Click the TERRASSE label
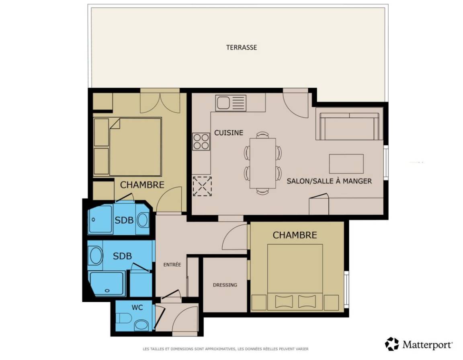tap(242, 47)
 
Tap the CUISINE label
tap(229, 133)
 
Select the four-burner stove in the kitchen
tap(201, 142)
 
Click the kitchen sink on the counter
tap(231, 103)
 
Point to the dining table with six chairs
tap(262, 163)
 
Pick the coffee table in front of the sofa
tap(346, 163)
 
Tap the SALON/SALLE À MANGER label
tap(329, 181)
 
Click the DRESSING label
tap(225, 285)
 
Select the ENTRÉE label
tap(172, 265)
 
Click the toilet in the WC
tap(124, 318)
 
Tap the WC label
tap(137, 307)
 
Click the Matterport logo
tap(419, 344)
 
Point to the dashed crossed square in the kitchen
tap(202, 186)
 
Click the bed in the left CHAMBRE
tap(127, 147)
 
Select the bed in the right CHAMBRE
tap(295, 277)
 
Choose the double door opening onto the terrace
tap(160, 101)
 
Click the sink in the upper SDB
tap(143, 220)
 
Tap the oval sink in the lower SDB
tap(96, 256)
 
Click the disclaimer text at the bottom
tap(225, 349)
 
